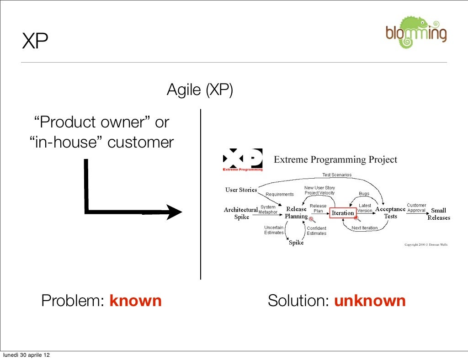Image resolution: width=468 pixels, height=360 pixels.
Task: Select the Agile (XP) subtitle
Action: click(200, 90)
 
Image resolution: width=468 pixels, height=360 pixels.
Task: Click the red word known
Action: click(135, 301)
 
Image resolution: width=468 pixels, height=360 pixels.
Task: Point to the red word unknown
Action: click(370, 301)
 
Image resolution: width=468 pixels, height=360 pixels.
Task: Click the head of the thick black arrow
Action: click(174, 212)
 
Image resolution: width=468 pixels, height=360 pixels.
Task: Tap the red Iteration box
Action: click(343, 213)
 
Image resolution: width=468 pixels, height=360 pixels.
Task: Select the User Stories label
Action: click(241, 190)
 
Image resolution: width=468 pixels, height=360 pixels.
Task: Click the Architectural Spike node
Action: click(241, 213)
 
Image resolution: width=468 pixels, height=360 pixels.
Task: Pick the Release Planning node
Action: click(296, 213)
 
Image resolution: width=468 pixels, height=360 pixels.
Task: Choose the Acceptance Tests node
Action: click(390, 213)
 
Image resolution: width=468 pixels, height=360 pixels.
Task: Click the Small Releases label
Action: click(439, 214)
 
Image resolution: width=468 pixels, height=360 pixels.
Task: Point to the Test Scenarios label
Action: click(337, 175)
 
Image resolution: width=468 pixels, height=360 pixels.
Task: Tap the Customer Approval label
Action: click(416, 208)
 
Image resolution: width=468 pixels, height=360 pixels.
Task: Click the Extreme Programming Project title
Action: click(335, 159)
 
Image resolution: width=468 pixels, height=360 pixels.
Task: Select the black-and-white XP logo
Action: click(243, 159)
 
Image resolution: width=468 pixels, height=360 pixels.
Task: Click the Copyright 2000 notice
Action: click(425, 244)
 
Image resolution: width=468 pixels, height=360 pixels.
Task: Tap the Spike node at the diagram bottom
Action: click(296, 243)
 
